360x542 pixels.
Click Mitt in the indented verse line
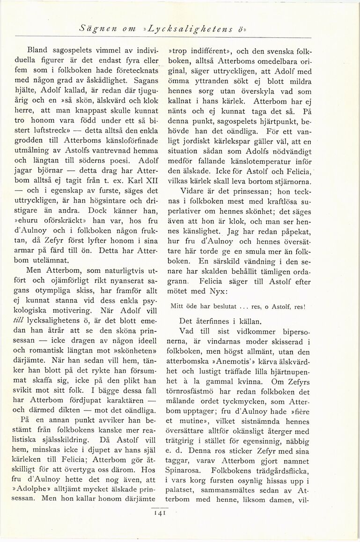[x=178, y=307]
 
